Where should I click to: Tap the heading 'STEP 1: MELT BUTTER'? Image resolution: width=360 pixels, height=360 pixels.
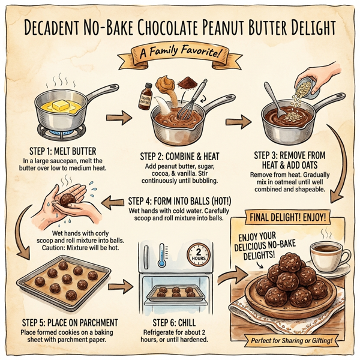pos(65,151)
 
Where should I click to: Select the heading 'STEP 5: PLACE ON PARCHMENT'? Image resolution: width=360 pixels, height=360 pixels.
pos(67,322)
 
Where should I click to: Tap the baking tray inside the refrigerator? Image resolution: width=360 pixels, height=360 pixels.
pos(174,293)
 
